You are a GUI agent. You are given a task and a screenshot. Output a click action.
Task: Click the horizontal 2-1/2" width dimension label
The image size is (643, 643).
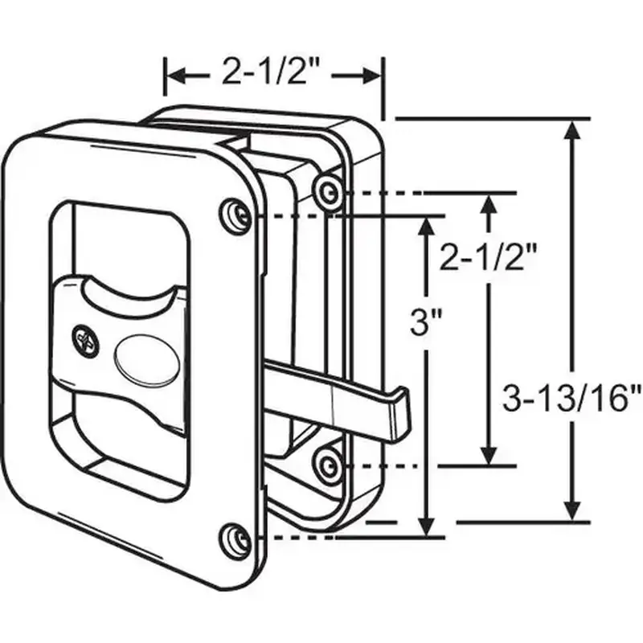[270, 71]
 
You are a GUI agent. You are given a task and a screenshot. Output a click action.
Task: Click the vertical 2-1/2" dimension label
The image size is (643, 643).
[488, 256]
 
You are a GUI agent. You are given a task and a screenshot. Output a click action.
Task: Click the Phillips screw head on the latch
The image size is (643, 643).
[87, 340]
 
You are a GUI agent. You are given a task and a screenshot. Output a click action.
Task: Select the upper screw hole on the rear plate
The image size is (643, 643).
[328, 190]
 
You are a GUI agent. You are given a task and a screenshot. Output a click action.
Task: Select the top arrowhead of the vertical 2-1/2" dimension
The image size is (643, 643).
[488, 205]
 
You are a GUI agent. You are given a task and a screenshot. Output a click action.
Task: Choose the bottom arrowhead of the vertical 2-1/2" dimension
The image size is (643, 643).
[488, 454]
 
